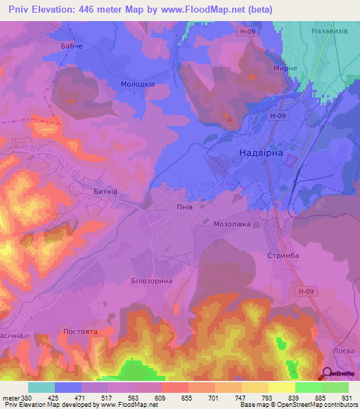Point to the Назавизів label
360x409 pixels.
pyautogui.click(x=329, y=32)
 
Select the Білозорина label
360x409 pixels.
pyautogui.click(x=151, y=280)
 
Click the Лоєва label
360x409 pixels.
pyautogui.click(x=345, y=349)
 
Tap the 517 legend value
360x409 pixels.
pyautogui.click(x=94, y=397)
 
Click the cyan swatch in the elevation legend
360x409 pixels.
pyautogui.click(x=41, y=387)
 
